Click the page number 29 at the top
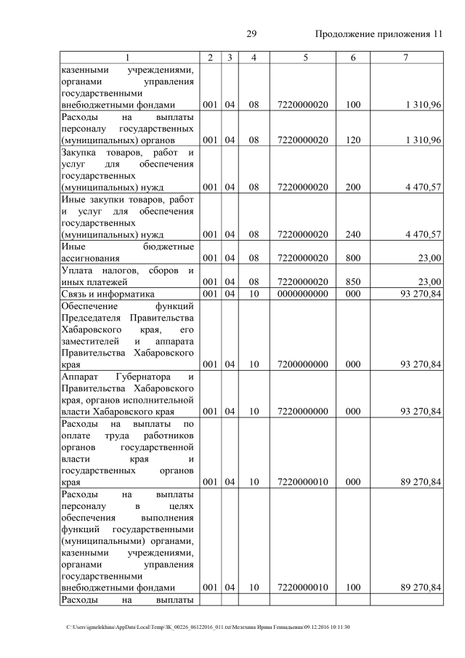point(253,35)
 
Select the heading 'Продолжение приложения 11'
point(379,35)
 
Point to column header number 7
point(406,57)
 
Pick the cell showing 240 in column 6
point(353,234)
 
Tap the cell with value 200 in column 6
point(353,187)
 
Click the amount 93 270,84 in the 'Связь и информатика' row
point(417,294)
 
